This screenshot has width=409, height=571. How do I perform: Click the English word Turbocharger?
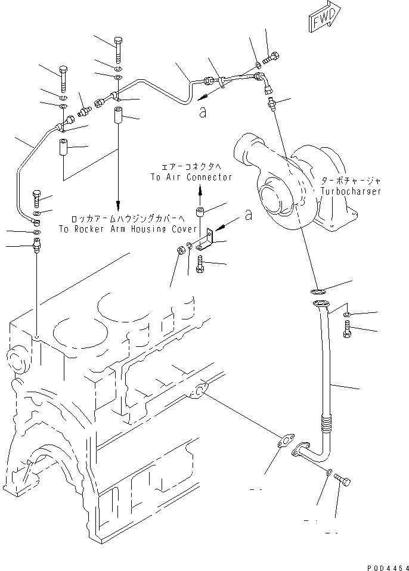[350, 191]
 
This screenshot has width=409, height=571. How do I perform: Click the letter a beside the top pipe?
[203, 111]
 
